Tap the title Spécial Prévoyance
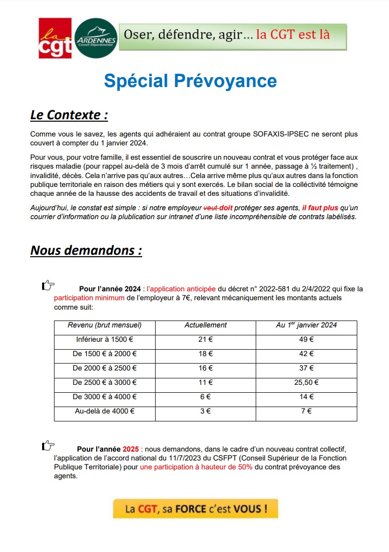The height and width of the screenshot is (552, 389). coord(190,80)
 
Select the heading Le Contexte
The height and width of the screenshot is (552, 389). coord(69,115)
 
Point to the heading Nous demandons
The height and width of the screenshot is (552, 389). coord(86,250)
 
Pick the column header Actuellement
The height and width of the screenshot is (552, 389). coord(206,325)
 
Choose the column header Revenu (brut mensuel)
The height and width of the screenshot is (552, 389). coord(105,325)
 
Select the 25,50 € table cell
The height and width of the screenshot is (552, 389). coord(307,382)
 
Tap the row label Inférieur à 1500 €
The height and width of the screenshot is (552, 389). coord(105,339)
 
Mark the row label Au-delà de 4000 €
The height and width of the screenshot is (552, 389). coord(105,411)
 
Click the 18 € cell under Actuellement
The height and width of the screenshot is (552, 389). coord(206,354)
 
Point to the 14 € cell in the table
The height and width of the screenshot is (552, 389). coord(307,397)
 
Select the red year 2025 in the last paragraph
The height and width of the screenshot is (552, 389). coord(131,449)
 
